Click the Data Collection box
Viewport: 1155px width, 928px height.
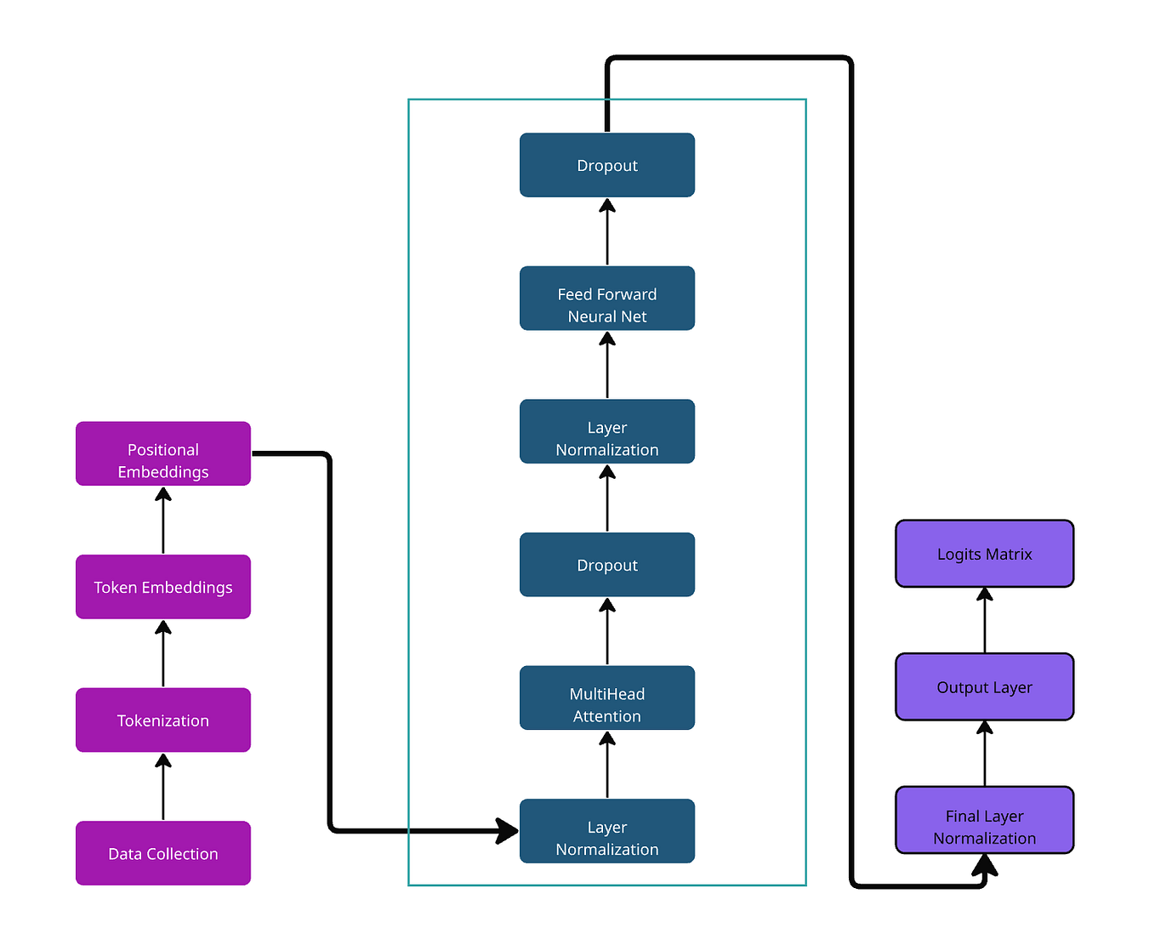click(x=163, y=853)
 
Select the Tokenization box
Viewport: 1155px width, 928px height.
click(x=163, y=720)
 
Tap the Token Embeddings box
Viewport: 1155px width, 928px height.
click(x=163, y=587)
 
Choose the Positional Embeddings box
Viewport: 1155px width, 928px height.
click(x=163, y=454)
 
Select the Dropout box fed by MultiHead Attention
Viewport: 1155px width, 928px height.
click(x=607, y=565)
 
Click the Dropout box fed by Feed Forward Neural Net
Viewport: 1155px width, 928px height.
click(x=607, y=165)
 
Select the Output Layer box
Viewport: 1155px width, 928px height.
click(x=985, y=687)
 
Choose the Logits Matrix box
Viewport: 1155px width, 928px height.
click(x=985, y=554)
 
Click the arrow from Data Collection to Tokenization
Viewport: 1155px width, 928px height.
click(x=163, y=788)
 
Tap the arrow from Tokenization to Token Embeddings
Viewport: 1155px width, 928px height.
click(x=163, y=654)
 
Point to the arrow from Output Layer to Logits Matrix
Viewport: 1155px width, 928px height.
click(x=985, y=621)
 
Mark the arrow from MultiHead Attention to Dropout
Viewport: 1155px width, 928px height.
click(x=607, y=632)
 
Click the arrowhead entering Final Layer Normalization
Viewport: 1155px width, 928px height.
click(x=985, y=865)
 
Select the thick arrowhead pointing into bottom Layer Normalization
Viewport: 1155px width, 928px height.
click(x=508, y=830)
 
